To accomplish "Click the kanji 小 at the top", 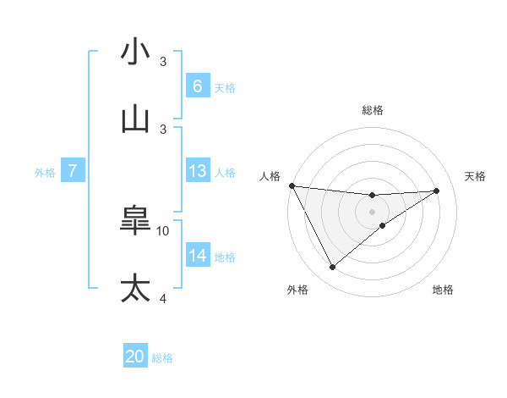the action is click(135, 53).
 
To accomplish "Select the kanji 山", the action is click(135, 119).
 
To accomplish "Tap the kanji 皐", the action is click(135, 222).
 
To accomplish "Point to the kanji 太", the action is click(135, 288).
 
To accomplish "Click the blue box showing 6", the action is click(198, 86).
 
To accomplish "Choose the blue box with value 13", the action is click(198, 171).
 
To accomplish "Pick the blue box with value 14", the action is click(198, 256).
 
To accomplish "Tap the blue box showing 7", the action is click(73, 171).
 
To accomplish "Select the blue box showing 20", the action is click(135, 357).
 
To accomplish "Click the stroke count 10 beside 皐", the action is click(163, 230).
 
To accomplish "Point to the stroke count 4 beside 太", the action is click(163, 298).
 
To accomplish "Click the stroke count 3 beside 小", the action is click(163, 62).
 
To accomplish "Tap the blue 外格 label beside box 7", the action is click(45, 172).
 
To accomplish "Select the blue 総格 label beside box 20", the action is click(162, 358).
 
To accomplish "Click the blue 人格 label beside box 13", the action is click(225, 172).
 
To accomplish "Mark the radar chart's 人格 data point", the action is click(292, 185).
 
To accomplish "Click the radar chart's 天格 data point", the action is click(437, 191).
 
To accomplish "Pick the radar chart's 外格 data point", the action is click(332, 268).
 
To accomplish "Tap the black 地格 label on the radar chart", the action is click(443, 290).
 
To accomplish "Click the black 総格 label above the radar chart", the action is click(373, 110).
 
